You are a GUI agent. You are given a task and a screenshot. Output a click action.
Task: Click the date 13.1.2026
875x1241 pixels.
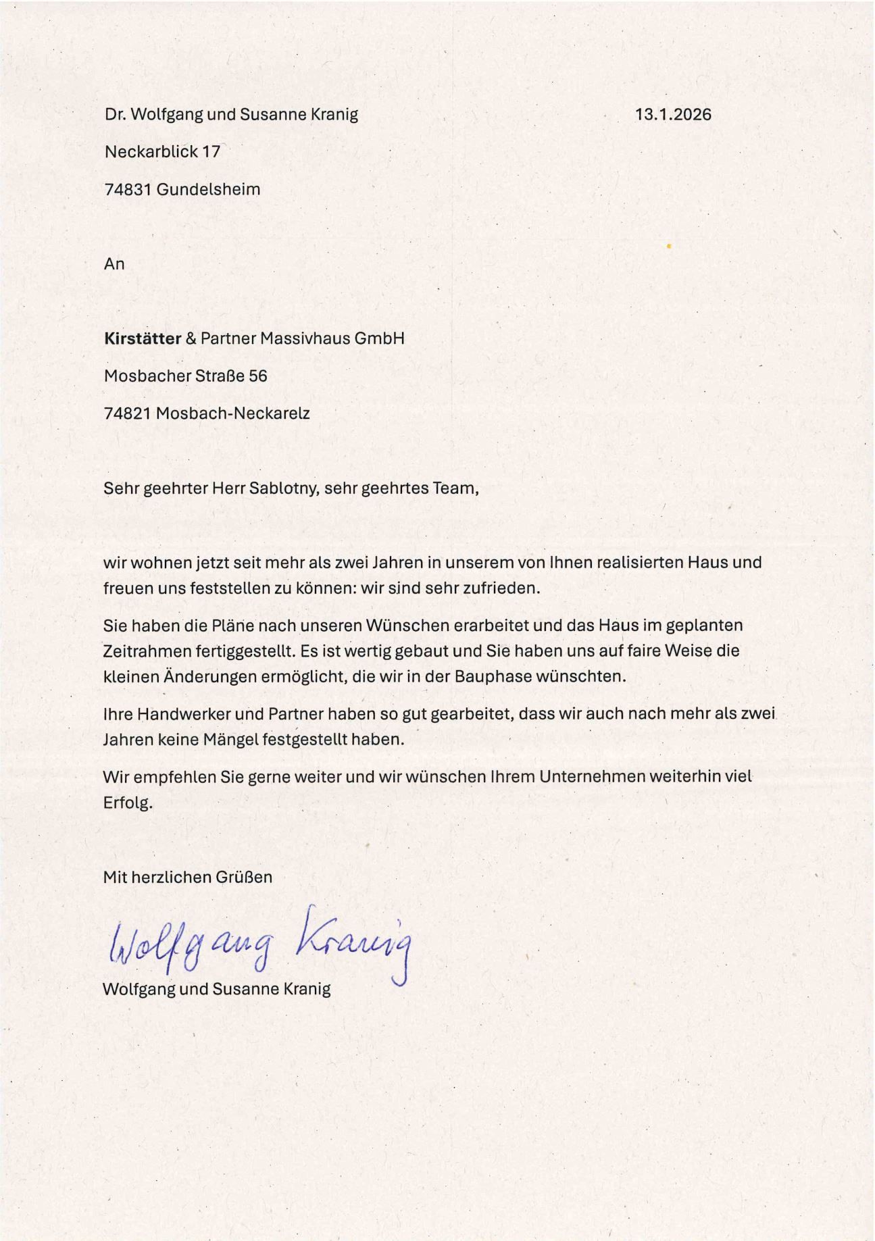click(673, 114)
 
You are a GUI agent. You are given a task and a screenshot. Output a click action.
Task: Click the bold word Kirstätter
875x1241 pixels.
click(143, 338)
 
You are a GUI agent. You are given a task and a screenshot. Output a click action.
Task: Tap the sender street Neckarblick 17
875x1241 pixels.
click(162, 151)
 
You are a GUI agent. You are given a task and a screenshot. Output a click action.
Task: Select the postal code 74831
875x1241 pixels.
click(128, 189)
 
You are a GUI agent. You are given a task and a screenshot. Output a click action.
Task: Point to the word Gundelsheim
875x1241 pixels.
click(208, 189)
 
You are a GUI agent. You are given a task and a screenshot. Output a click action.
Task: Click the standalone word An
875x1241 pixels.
click(114, 263)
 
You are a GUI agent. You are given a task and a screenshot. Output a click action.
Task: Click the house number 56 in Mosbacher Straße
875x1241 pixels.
click(258, 376)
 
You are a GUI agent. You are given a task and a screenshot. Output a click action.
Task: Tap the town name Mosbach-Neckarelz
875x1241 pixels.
click(232, 413)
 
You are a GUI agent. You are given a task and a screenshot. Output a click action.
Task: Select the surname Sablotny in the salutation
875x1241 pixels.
click(284, 488)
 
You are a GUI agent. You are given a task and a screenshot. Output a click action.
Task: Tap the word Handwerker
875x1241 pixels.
click(178, 713)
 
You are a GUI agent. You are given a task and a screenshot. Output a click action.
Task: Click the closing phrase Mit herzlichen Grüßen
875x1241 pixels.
click(188, 877)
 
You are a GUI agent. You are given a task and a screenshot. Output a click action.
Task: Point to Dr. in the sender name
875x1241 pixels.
click(114, 114)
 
